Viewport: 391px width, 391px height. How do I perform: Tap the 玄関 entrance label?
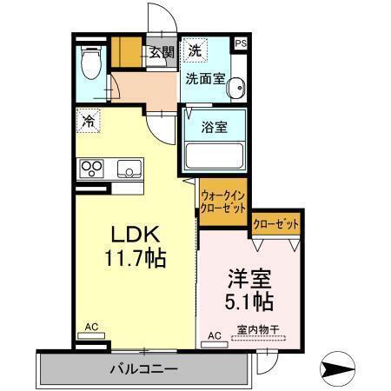click(x=161, y=52)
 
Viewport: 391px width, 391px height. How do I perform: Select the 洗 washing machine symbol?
click(x=195, y=50)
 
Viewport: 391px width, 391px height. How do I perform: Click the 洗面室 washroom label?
click(x=205, y=78)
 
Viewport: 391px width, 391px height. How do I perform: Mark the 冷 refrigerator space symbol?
click(x=88, y=122)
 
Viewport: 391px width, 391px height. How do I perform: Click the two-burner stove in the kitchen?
click(x=91, y=167)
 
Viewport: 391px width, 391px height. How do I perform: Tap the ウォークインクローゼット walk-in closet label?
click(x=223, y=202)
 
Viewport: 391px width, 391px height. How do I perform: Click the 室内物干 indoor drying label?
click(x=254, y=329)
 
